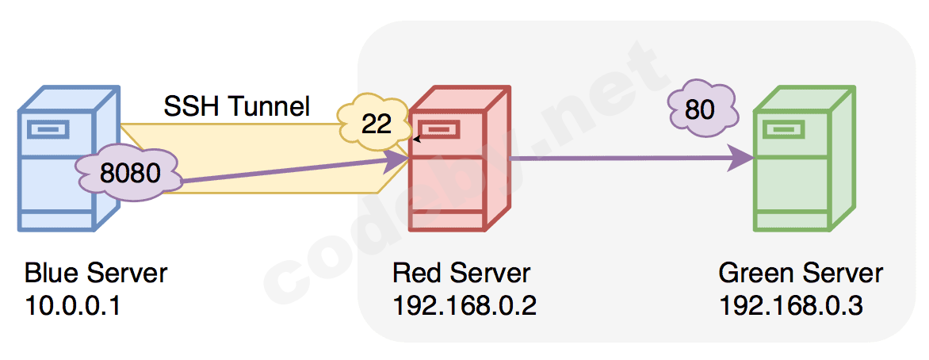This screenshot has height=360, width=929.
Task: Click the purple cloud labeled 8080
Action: click(129, 172)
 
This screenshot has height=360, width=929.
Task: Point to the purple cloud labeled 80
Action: click(699, 109)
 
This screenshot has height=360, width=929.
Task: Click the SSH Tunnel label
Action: click(236, 105)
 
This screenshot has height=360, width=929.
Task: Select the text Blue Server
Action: click(96, 274)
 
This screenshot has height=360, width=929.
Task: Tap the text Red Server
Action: click(461, 274)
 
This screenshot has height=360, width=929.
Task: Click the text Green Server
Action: click(801, 274)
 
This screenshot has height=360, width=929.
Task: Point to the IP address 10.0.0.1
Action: click(72, 305)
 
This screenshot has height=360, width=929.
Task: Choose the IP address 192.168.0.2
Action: click(464, 305)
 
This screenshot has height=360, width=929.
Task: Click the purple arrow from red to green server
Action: click(626, 159)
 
